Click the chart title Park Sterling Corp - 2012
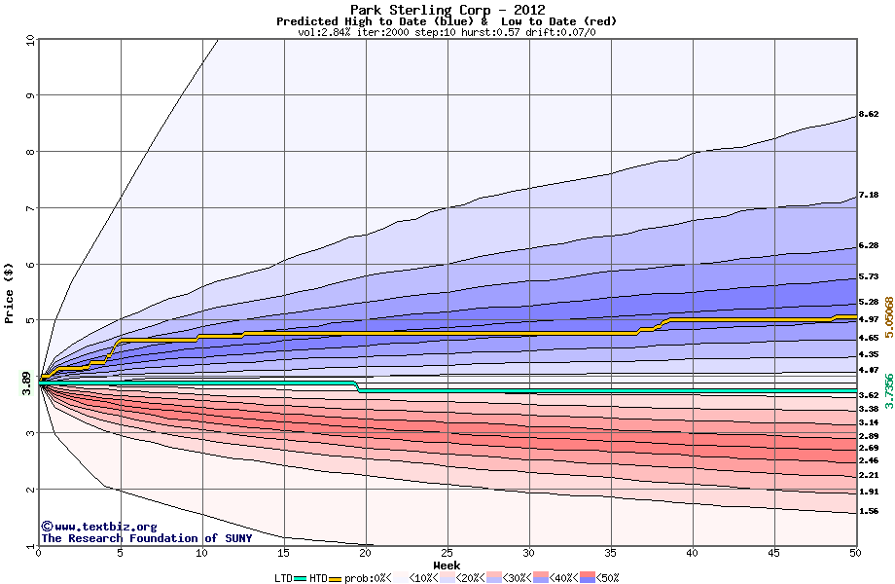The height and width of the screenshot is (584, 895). point(447,10)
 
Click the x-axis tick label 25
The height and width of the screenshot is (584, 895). point(447,553)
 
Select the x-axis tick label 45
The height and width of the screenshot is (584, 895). point(774,553)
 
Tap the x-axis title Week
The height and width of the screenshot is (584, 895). point(447,565)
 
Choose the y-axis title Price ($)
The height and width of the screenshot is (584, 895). point(10,292)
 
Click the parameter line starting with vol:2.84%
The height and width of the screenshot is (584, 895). point(447,32)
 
